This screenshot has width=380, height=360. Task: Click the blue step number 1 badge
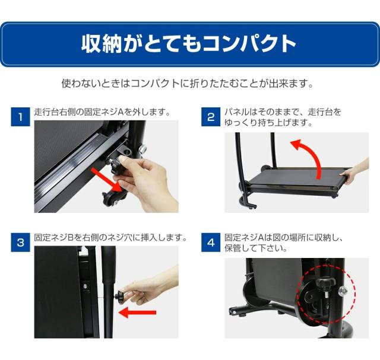tap(21, 117)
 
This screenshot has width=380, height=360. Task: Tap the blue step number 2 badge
tap(211, 117)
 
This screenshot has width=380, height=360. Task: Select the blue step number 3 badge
tap(21, 243)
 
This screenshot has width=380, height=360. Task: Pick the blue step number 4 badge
tap(211, 243)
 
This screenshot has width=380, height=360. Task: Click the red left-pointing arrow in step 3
tap(137, 313)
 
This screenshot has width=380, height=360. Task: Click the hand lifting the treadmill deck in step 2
tap(354, 170)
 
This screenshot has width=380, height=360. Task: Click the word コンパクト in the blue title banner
tap(249, 44)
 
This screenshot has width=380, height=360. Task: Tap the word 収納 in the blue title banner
tap(102, 44)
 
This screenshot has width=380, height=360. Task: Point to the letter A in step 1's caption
tap(121, 112)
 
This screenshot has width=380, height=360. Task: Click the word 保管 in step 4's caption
tap(233, 248)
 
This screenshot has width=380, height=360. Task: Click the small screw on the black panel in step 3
tap(85, 286)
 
